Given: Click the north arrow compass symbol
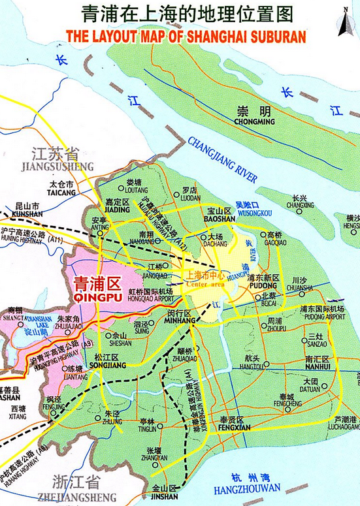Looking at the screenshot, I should tap(344, 20).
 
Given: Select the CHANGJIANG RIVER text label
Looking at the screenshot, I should tap(222, 160).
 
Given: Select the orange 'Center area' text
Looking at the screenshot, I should tap(205, 284).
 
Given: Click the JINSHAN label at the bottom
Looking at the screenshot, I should tap(164, 496).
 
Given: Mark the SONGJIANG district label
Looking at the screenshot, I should tap(106, 366).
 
